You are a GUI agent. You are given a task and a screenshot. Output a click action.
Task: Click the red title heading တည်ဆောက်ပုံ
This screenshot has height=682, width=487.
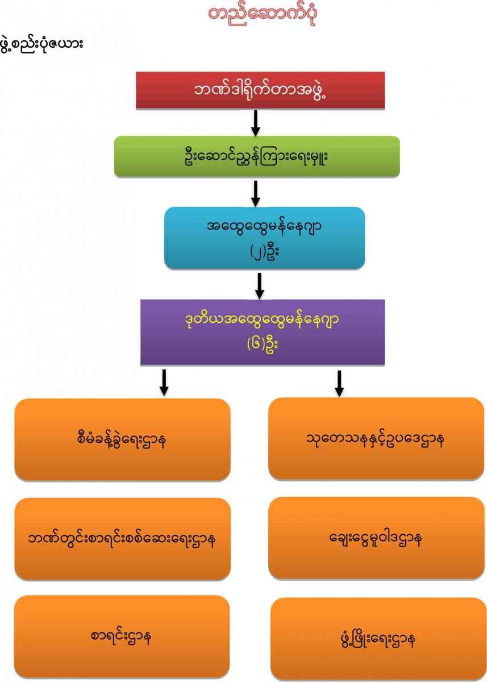(263, 14)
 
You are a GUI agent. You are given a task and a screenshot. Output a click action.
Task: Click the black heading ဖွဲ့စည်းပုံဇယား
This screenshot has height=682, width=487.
(43, 43)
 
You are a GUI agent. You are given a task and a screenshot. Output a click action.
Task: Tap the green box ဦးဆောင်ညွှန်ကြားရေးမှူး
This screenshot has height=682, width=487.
(257, 156)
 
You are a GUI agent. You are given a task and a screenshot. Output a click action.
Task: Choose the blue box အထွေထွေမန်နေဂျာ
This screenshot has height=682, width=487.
(264, 238)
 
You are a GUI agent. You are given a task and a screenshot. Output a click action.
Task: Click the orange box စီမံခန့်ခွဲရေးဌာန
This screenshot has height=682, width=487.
(122, 439)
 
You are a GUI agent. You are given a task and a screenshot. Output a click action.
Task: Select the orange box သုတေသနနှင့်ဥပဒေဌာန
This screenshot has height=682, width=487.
(376, 438)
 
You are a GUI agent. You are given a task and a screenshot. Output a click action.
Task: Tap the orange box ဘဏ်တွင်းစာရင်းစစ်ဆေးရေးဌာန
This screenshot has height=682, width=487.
(122, 539)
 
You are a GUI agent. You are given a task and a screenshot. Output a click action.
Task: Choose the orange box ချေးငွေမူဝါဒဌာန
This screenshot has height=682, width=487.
(376, 538)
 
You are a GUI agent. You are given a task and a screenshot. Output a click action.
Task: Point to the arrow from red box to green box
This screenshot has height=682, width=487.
(256, 123)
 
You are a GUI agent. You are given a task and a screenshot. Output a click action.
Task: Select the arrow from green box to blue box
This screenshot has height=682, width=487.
(256, 193)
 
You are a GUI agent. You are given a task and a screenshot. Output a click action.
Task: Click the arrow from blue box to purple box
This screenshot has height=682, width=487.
(260, 285)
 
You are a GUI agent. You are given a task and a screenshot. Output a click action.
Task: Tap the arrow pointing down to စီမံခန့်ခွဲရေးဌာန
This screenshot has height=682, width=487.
(164, 382)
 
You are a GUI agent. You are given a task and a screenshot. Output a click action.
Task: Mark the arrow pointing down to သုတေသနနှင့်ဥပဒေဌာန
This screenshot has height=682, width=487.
(339, 383)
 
